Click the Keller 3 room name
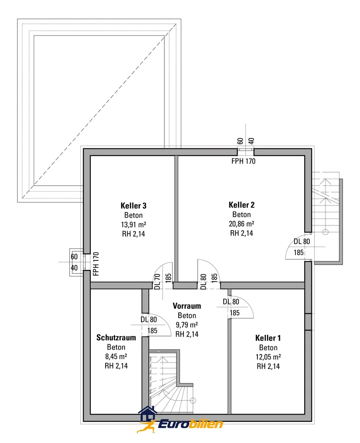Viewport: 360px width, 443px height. click(x=133, y=205)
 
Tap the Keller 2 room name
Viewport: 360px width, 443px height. click(x=241, y=205)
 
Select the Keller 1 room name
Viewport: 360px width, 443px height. click(x=268, y=338)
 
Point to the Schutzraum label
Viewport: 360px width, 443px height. click(x=116, y=337)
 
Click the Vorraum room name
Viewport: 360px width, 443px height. click(x=187, y=306)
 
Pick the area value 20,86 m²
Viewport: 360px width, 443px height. click(x=241, y=224)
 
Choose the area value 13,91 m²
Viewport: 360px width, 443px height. click(x=133, y=225)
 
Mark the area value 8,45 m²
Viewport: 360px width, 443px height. click(x=116, y=356)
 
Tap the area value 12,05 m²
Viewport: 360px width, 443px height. click(x=268, y=357)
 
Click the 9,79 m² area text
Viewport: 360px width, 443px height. click(x=187, y=324)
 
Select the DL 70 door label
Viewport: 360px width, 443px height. click(x=157, y=281)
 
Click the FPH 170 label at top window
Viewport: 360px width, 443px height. click(x=243, y=161)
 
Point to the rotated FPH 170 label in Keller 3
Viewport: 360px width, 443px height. click(x=96, y=264)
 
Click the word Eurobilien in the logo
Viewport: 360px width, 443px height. click(x=190, y=424)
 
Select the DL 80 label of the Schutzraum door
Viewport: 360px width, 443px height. click(x=149, y=320)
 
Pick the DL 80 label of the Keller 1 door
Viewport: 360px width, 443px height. click(x=231, y=302)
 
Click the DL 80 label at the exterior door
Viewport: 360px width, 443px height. click(x=302, y=241)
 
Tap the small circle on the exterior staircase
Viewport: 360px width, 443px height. click(x=325, y=232)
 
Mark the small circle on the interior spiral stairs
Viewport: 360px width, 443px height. click(x=193, y=400)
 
